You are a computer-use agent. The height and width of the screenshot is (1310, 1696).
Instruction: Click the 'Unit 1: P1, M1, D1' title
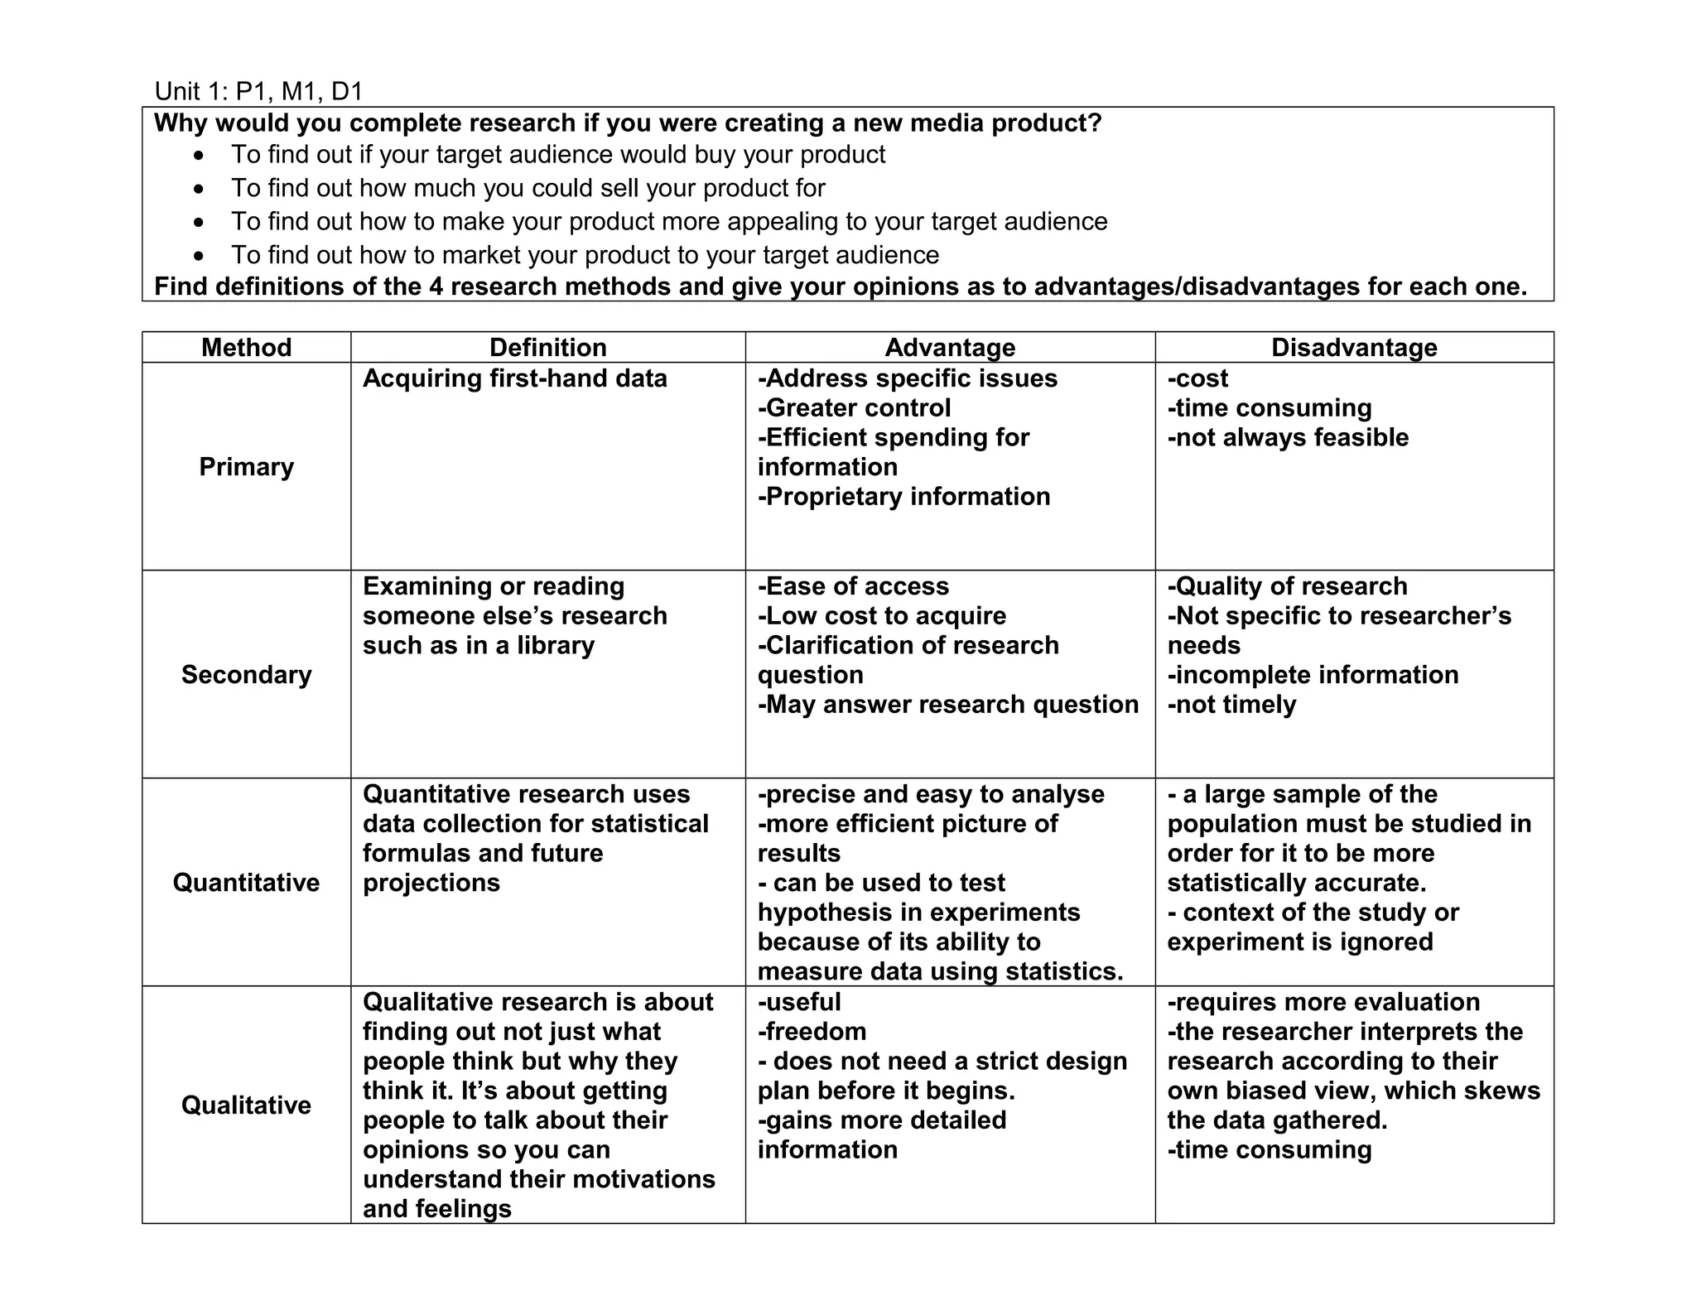click(x=258, y=91)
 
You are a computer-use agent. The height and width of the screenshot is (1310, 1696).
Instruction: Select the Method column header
click(x=246, y=347)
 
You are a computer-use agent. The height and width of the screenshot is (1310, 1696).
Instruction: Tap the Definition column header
click(x=547, y=347)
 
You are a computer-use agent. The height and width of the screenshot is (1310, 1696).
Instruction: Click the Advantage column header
click(x=950, y=347)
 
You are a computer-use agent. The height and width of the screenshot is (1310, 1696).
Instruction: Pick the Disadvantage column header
click(x=1354, y=347)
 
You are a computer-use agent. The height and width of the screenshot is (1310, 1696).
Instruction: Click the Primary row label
click(x=246, y=467)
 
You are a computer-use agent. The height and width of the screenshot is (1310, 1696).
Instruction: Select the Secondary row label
click(x=246, y=675)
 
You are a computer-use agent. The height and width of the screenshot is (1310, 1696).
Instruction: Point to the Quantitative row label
click(x=246, y=883)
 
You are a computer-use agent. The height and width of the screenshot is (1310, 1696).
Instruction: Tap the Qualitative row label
click(x=246, y=1105)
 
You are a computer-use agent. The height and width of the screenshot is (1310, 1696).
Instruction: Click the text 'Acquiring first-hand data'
click(x=514, y=378)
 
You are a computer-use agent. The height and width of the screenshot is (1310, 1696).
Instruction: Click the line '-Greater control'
click(x=854, y=408)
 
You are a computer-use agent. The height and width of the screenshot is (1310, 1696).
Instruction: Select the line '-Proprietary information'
click(x=903, y=497)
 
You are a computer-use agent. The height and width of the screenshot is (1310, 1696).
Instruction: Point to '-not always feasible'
click(x=1288, y=437)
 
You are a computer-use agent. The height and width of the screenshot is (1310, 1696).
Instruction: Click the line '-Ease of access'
click(x=853, y=586)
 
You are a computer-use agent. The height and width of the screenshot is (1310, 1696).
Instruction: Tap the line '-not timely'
click(x=1231, y=705)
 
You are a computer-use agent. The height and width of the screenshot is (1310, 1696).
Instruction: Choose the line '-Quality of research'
click(x=1287, y=586)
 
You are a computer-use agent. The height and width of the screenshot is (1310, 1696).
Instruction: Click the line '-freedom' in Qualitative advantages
click(x=812, y=1032)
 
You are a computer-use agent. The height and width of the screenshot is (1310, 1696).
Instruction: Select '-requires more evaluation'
click(x=1323, y=1002)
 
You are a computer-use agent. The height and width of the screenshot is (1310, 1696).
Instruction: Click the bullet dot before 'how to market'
click(x=198, y=256)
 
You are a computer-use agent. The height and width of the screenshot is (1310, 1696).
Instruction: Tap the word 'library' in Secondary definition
click(x=556, y=646)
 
